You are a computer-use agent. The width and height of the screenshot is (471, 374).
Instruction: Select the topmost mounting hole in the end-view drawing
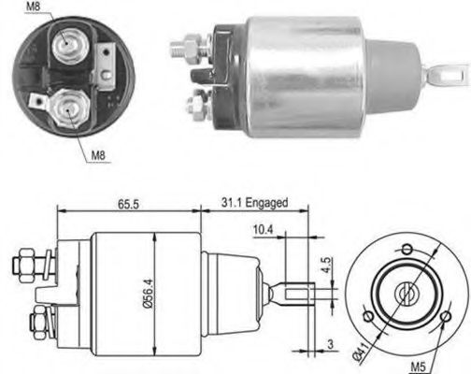click(x=407, y=249)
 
